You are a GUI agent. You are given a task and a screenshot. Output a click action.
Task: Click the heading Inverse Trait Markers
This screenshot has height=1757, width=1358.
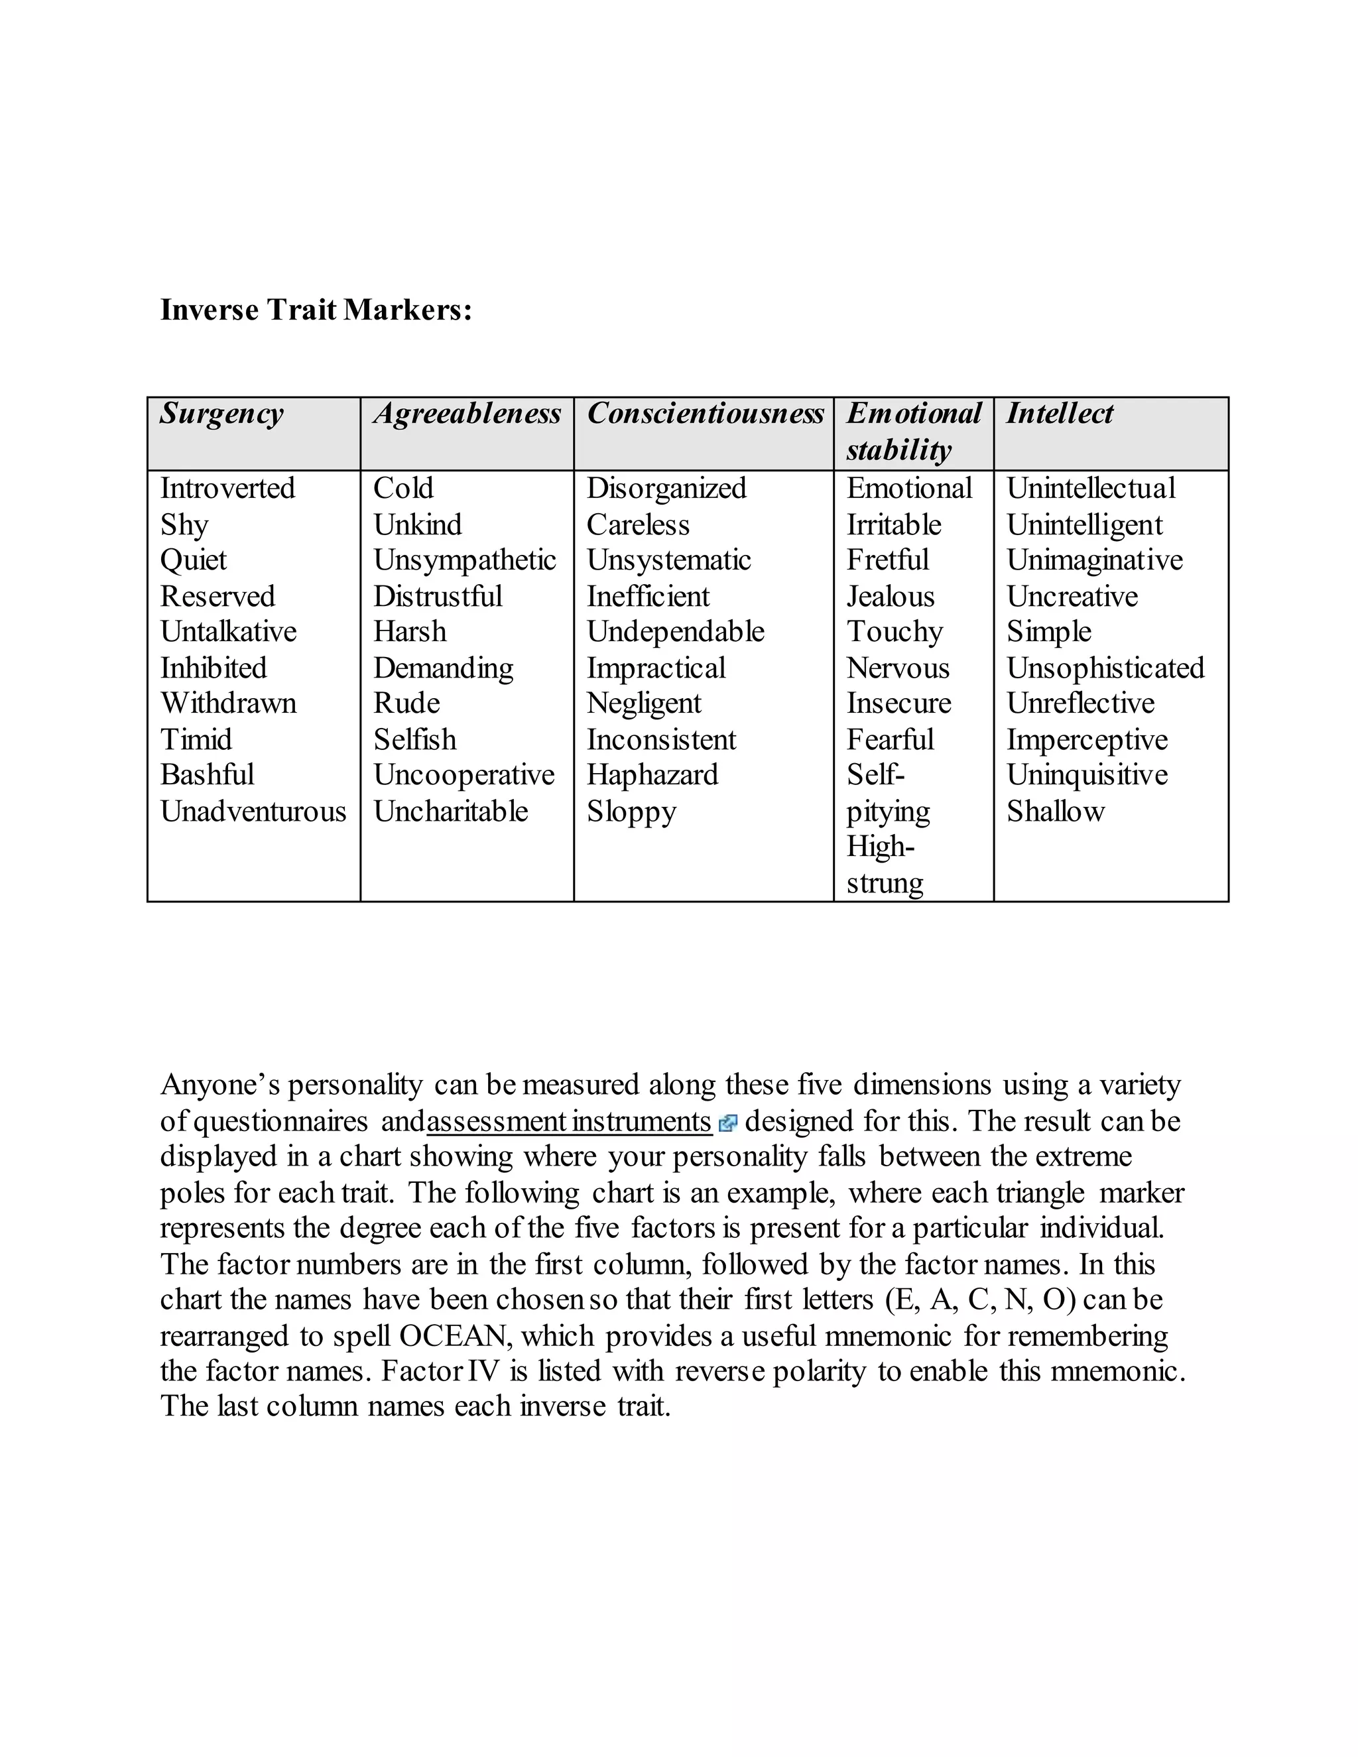click(316, 310)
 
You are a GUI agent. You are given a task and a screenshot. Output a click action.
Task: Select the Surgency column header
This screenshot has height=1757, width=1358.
click(221, 414)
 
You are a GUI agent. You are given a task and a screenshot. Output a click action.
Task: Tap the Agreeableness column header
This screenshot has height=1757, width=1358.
click(467, 414)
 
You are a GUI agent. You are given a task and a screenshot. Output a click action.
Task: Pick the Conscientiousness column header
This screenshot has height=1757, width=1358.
click(705, 414)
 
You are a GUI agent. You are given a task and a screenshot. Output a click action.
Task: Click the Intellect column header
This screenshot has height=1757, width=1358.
click(1060, 414)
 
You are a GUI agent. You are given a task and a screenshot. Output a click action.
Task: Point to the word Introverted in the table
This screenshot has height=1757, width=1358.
click(227, 489)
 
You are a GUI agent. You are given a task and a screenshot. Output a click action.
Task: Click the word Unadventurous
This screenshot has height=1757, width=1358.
click(253, 811)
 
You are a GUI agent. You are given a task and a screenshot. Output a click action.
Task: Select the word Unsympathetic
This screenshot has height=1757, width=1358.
click(464, 560)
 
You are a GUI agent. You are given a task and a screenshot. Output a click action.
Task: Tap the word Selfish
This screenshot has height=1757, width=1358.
click(414, 739)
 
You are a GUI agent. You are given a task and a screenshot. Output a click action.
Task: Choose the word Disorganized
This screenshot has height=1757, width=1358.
click(666, 489)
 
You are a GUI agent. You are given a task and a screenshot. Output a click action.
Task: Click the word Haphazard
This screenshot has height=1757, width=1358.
click(652, 774)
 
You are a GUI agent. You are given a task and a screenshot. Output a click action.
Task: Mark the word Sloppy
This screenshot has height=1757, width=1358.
click(631, 811)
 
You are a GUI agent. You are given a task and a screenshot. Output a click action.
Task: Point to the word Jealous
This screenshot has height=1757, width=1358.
click(890, 596)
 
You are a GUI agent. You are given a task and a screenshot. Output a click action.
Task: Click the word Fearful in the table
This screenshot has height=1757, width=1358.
click(890, 739)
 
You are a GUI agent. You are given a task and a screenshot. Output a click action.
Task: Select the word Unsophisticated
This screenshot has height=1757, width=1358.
click(1105, 668)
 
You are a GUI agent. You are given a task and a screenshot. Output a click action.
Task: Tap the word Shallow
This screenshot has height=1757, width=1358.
click(1056, 811)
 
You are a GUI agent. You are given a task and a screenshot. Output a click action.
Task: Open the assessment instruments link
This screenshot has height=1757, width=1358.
click(569, 1121)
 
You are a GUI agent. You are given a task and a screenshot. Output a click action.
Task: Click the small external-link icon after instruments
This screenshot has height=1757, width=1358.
click(728, 1123)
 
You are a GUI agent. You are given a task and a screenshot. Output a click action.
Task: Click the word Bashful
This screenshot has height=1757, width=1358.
click(207, 774)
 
